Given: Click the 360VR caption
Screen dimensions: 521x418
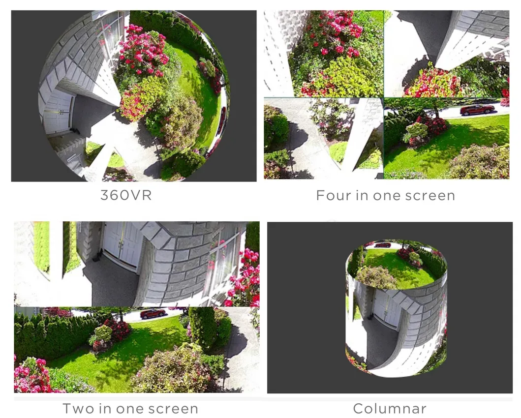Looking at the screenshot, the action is [x=126, y=195].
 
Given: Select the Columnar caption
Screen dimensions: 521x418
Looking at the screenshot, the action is [x=390, y=409].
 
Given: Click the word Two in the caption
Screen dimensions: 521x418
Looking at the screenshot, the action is [x=79, y=409].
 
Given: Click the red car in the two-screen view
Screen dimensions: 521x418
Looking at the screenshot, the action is [x=153, y=313].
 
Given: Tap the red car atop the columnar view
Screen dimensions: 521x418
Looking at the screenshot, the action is [x=383, y=245].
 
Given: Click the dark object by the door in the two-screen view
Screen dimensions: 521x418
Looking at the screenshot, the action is [x=98, y=255].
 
